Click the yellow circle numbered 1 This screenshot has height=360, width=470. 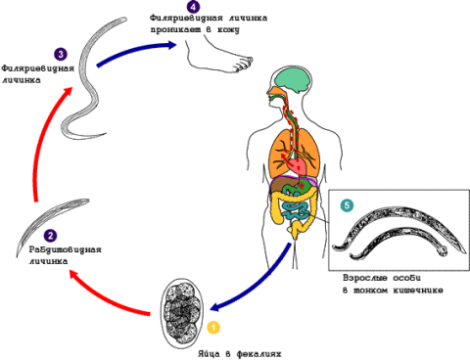tap(213, 328)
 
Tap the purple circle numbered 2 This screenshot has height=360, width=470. tap(50, 236)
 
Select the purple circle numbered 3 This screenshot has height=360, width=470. tap(61, 54)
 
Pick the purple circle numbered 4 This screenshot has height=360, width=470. tap(193, 7)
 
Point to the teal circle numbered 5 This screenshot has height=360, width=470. tap(347, 205)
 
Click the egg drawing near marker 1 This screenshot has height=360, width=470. tap(182, 314)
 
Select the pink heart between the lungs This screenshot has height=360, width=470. tap(298, 165)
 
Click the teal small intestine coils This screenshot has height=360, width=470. tap(296, 212)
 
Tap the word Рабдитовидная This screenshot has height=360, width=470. tap(66, 249)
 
